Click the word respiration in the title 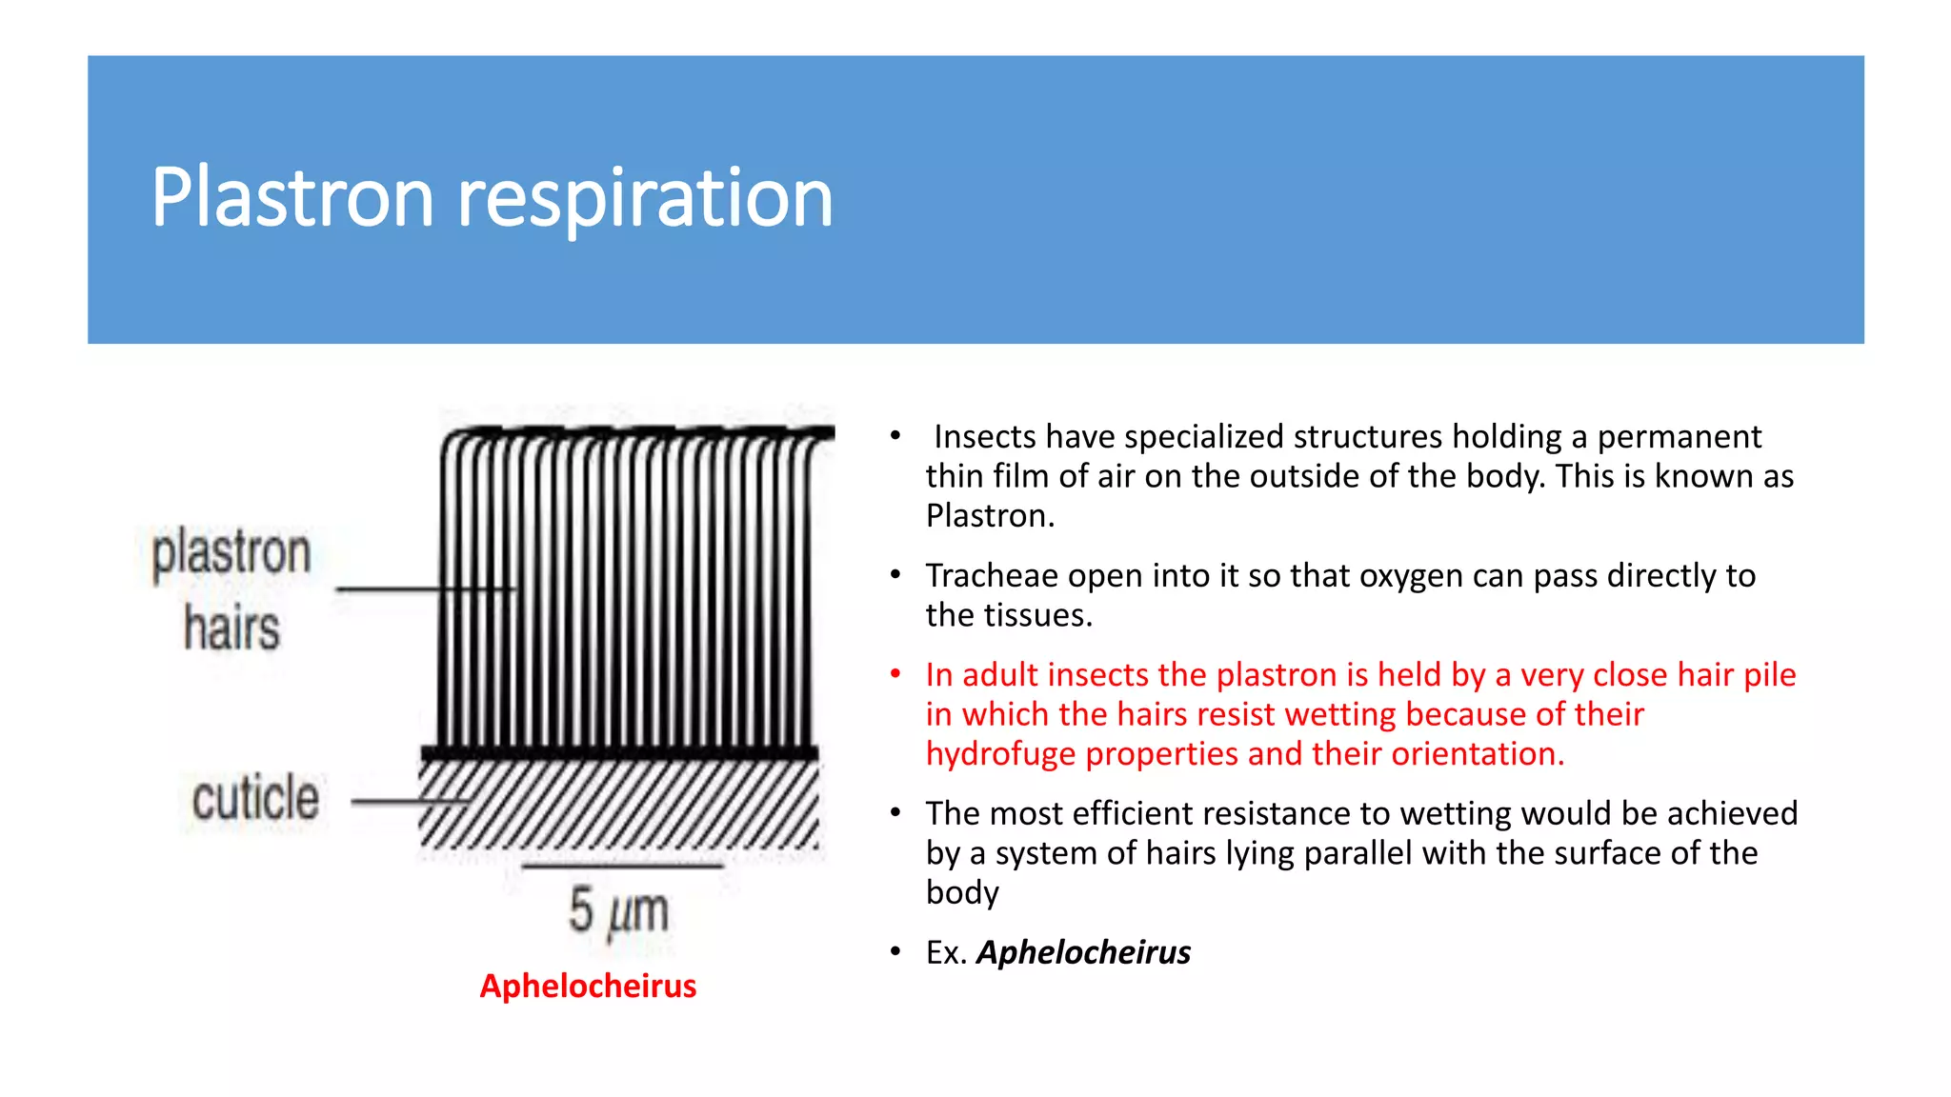[645, 198]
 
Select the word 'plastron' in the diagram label [231, 552]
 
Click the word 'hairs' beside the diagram [231, 628]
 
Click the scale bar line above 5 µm [621, 867]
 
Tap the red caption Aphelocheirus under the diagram [588, 986]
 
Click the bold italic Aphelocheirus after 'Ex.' [1083, 952]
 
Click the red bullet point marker [895, 674]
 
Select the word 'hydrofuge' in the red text [1001, 754]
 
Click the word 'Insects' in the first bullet [985, 437]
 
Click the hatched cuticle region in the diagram [619, 805]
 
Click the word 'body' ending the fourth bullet [962, 893]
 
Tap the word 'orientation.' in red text [1478, 754]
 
